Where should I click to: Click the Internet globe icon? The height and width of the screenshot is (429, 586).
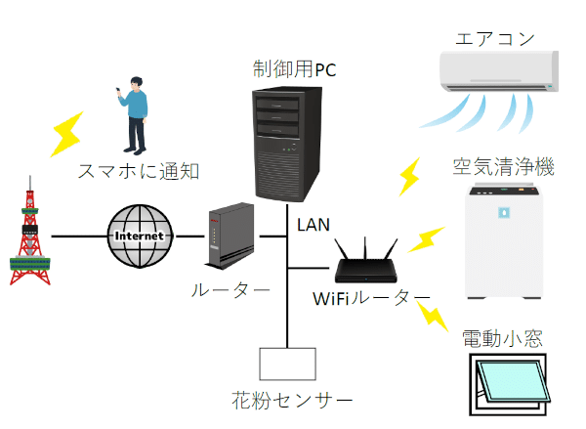[143, 236]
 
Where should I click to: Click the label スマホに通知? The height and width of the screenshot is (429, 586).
[141, 172]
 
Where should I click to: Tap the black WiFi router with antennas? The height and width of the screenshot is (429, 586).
[364, 262]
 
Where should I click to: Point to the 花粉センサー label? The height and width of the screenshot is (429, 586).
[285, 401]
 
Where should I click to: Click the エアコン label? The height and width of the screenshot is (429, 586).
[496, 39]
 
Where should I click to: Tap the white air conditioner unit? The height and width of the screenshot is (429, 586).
[498, 72]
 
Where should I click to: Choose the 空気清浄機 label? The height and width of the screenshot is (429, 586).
[503, 167]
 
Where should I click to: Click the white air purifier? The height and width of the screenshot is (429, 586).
[504, 244]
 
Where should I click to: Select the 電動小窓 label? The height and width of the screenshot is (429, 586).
[502, 339]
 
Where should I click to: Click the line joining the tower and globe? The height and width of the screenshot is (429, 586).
[78, 236]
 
